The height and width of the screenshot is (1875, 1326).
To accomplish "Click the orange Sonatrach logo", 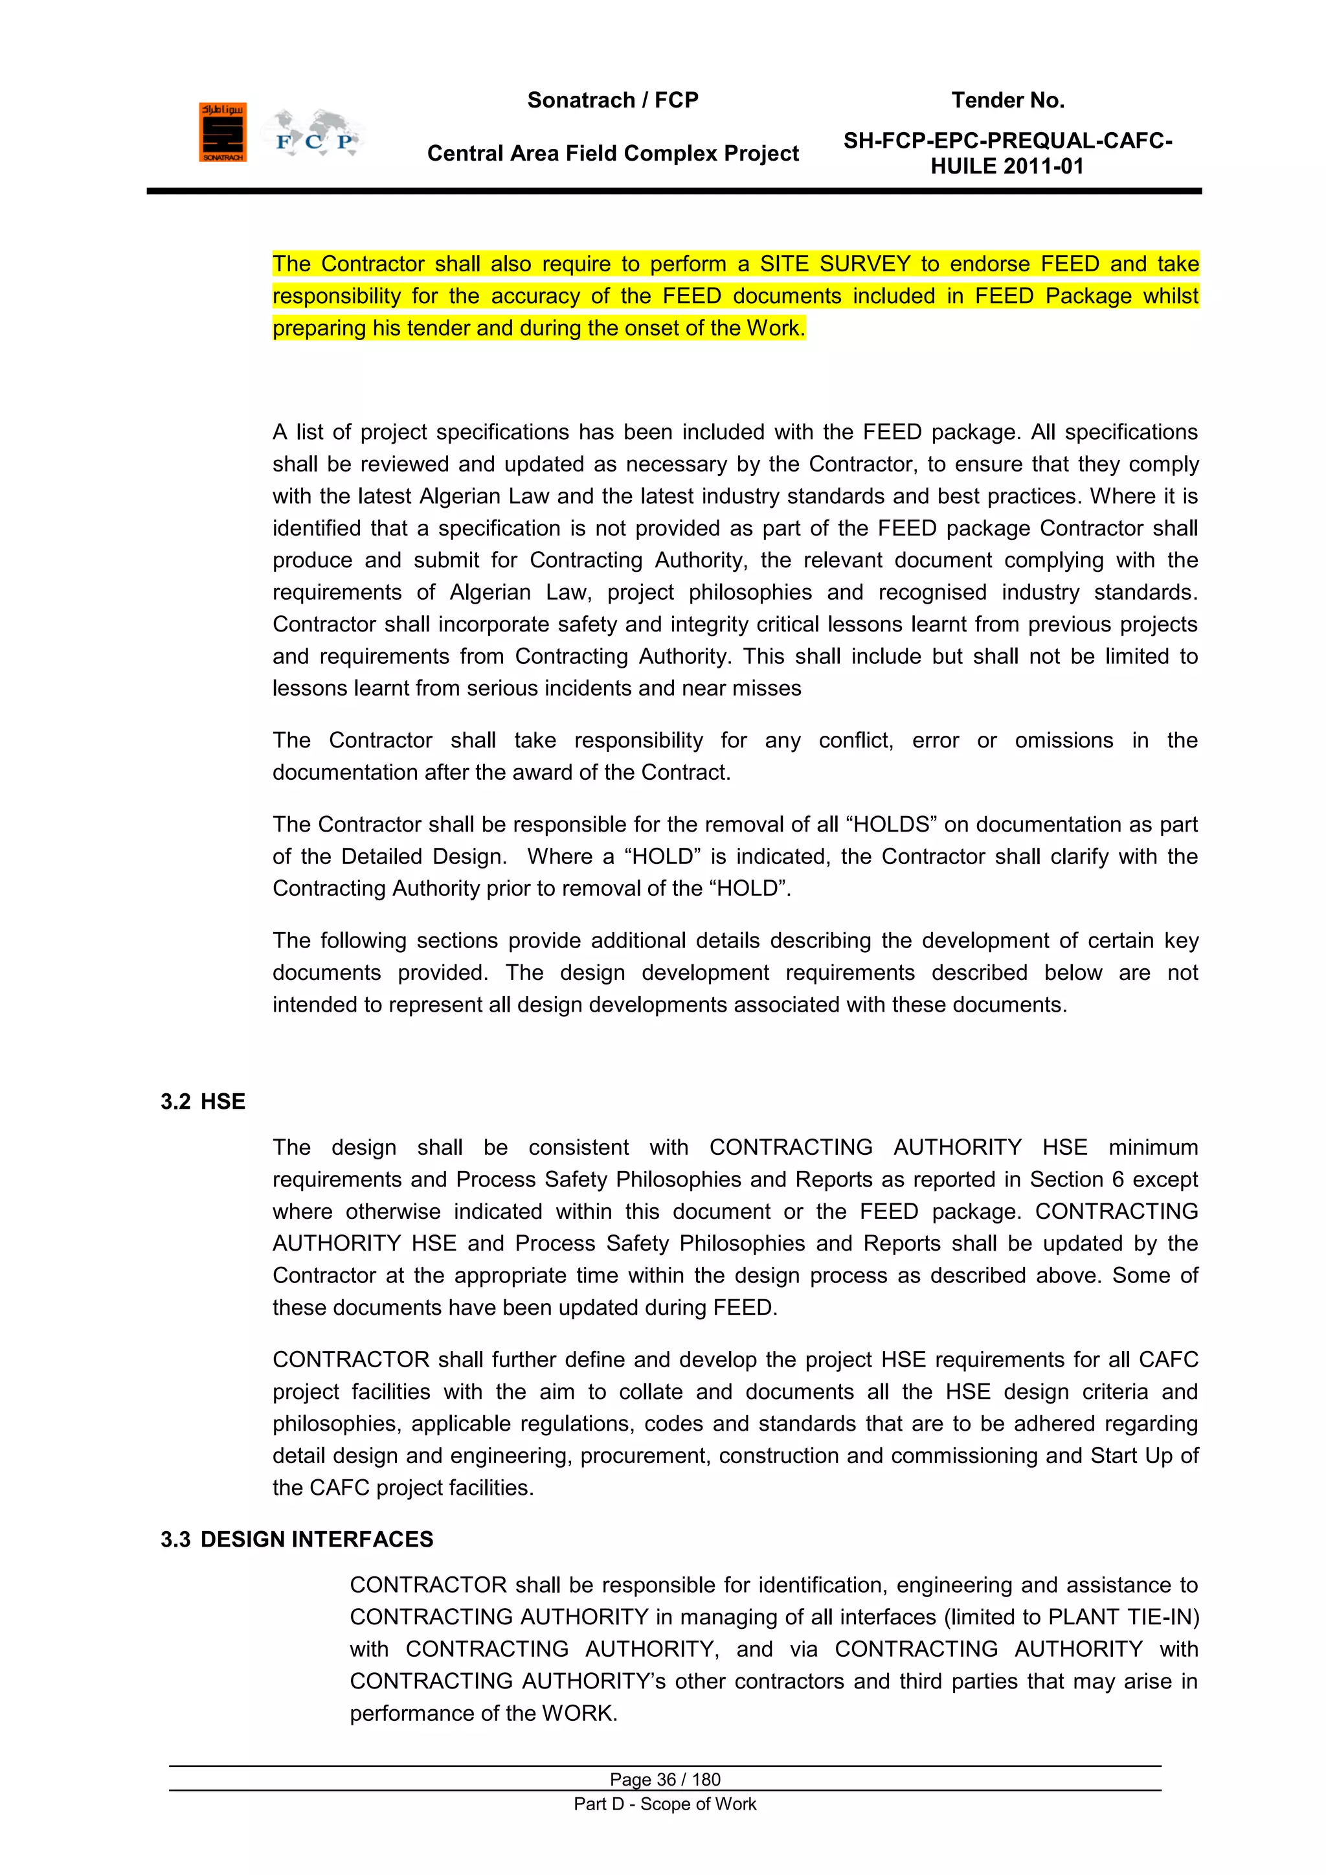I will (x=222, y=132).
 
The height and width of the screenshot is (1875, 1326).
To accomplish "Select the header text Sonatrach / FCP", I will (x=612, y=100).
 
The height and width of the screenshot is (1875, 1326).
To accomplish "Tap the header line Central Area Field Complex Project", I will (x=612, y=153).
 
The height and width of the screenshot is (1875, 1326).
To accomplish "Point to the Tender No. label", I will (x=1007, y=100).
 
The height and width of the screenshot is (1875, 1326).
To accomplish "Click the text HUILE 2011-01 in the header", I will (x=1007, y=166).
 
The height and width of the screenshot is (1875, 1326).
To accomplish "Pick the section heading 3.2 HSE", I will (x=203, y=1102).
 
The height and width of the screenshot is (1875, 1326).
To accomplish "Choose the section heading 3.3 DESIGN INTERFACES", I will (x=297, y=1540).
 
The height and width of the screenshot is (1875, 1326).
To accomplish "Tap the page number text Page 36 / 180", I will (x=665, y=1779).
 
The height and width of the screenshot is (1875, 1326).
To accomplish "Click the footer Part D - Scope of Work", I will (x=665, y=1804).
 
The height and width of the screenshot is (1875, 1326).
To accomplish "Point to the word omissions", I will (x=1063, y=741).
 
